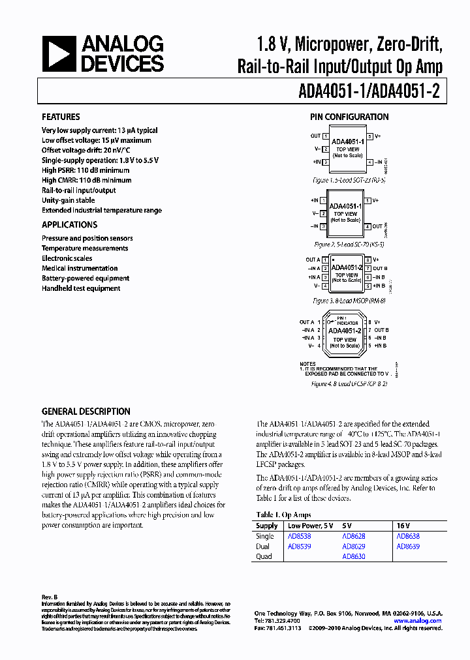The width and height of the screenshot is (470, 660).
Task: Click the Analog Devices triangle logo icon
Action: tap(59, 54)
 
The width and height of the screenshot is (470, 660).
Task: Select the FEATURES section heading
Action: tap(61, 117)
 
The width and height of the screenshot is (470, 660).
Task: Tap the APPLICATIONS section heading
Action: tap(69, 225)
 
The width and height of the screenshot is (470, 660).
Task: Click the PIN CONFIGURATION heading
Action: tap(349, 117)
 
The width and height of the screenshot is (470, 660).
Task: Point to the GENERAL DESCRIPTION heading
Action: tap(86, 412)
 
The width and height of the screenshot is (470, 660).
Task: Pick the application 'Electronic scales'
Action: tap(67, 258)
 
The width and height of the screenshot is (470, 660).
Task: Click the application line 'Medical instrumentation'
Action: tap(80, 268)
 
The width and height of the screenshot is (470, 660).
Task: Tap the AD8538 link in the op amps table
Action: tap(299, 536)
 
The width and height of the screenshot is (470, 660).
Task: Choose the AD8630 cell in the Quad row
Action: tap(353, 557)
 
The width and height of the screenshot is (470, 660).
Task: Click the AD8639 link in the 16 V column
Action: tap(407, 547)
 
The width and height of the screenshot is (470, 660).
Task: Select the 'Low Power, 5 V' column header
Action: tap(311, 526)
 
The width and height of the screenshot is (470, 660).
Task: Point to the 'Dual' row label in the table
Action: tap(262, 547)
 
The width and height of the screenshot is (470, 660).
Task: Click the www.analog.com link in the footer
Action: tap(418, 621)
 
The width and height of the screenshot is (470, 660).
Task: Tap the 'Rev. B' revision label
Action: tap(50, 597)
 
